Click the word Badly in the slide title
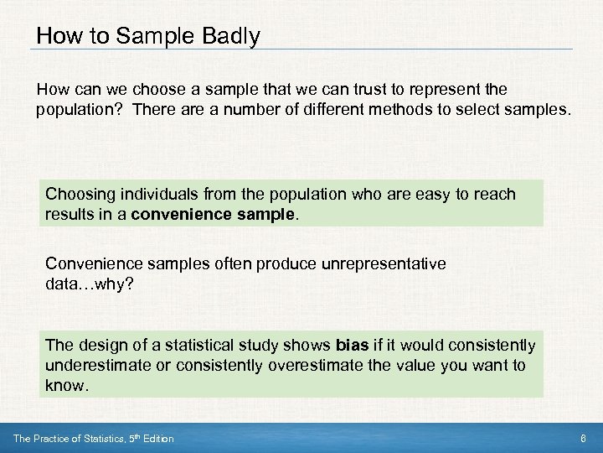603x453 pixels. click(x=230, y=37)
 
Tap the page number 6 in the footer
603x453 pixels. click(x=583, y=439)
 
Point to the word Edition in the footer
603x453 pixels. click(x=156, y=439)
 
